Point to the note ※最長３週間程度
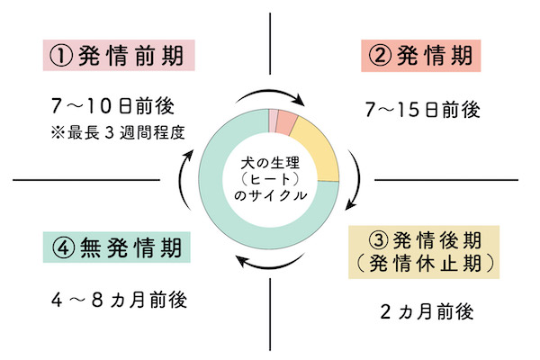(121, 134)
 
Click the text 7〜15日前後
(420, 110)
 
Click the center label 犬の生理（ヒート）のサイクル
(269, 181)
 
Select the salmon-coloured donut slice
(286, 121)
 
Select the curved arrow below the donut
(268, 265)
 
